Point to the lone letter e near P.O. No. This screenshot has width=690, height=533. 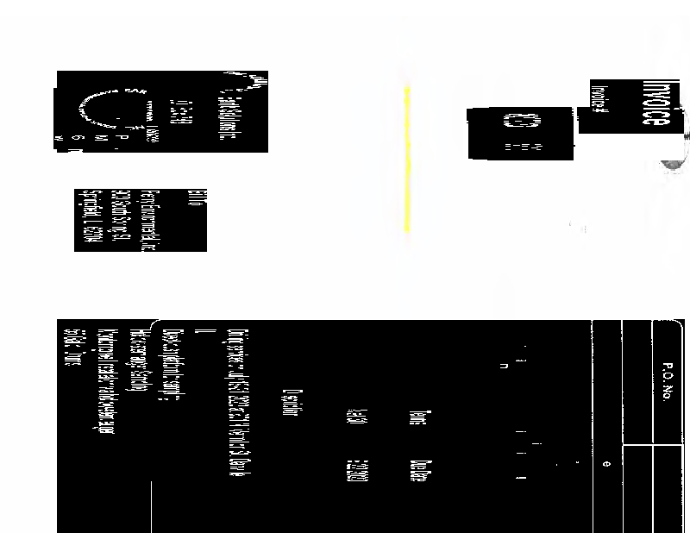click(x=606, y=465)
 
